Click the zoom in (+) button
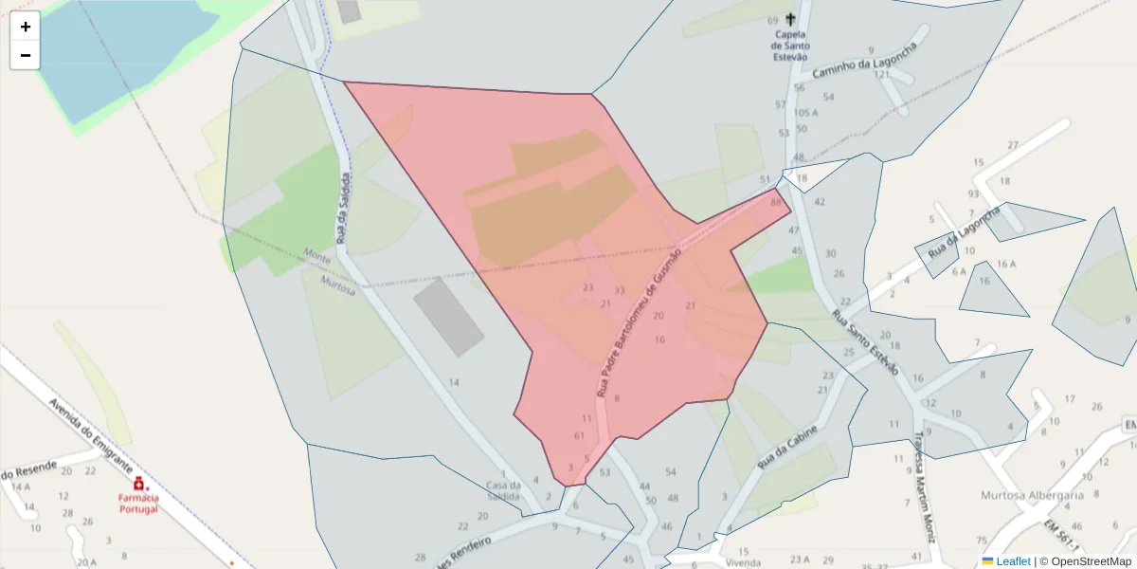[x=26, y=27]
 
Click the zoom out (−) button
[x=26, y=55]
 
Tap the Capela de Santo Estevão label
[x=789, y=45]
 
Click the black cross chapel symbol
[x=790, y=19]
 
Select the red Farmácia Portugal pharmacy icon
[x=138, y=484]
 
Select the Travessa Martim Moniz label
[x=923, y=485]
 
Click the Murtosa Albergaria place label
[x=1032, y=496]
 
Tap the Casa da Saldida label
[x=503, y=490]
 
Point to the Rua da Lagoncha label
[x=964, y=234]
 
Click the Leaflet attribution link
[x=1012, y=561]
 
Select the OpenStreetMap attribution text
[x=1085, y=561]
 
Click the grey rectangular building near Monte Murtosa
[x=448, y=317]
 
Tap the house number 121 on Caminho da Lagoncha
[x=882, y=74]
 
